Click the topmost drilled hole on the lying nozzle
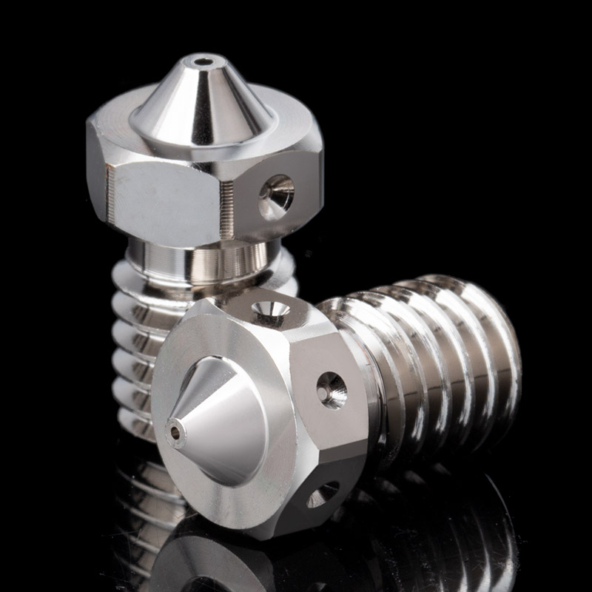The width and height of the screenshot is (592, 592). click(271, 311)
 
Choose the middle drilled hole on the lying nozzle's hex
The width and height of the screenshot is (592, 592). click(332, 389)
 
